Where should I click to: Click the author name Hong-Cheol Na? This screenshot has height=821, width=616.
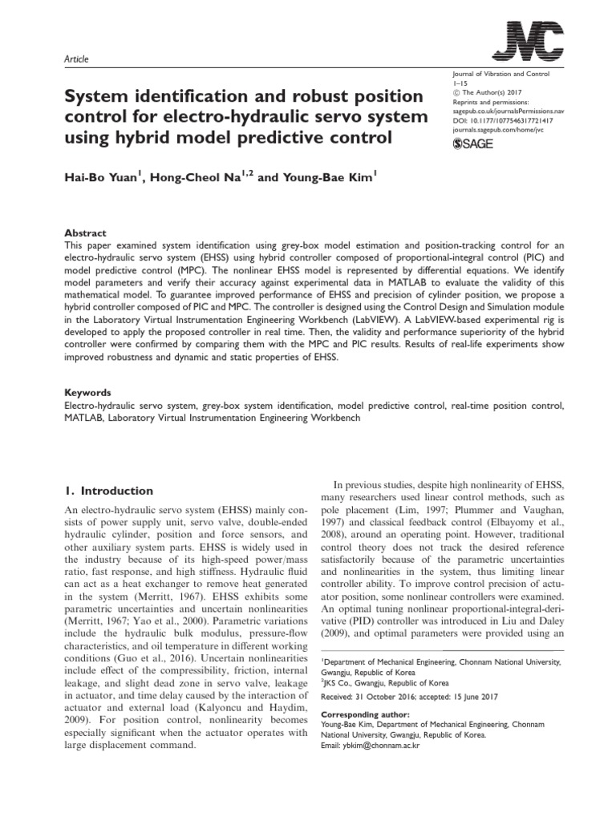coord(205,179)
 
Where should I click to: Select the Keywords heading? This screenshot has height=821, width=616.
coord(87,393)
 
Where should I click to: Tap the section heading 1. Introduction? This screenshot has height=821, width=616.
coord(107,491)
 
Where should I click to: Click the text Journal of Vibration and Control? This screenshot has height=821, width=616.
coord(496,73)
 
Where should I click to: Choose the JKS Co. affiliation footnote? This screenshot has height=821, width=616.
coord(384,683)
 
